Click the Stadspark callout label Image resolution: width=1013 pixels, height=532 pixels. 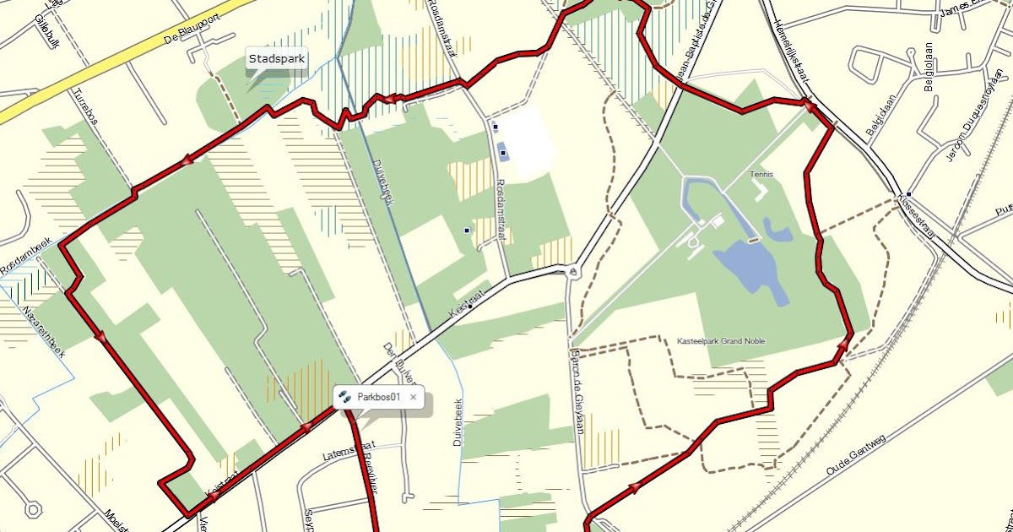(x=276, y=59)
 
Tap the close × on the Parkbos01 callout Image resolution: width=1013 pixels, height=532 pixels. (x=413, y=397)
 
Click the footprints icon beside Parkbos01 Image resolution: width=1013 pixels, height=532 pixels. (x=344, y=396)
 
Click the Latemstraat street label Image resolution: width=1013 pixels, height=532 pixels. (x=348, y=454)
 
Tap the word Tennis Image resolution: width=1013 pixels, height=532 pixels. (x=761, y=175)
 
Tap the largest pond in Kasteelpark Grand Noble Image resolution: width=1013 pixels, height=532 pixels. (x=746, y=266)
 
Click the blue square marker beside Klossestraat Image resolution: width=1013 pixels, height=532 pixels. (x=907, y=193)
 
